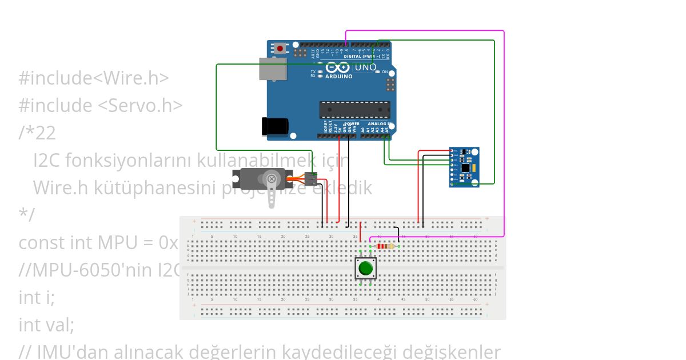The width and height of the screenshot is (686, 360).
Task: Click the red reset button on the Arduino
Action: click(x=280, y=49)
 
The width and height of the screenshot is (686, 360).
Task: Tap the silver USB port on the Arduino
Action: click(x=273, y=68)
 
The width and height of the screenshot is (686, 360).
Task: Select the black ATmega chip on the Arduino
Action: click(x=354, y=110)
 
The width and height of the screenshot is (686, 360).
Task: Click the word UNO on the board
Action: click(x=365, y=67)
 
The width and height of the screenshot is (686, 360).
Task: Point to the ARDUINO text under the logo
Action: click(x=339, y=76)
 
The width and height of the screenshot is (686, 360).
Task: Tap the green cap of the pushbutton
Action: click(x=366, y=267)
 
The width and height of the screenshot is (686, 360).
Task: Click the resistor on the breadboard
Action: click(x=386, y=246)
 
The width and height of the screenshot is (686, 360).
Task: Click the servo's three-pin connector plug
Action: click(x=310, y=179)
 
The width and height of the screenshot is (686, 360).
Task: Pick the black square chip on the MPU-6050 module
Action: click(x=466, y=168)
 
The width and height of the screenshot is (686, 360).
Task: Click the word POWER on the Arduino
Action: click(x=352, y=123)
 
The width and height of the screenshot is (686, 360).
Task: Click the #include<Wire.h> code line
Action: click(x=94, y=78)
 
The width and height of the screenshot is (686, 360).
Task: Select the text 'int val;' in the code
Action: click(x=46, y=325)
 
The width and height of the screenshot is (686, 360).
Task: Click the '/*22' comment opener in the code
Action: click(x=37, y=133)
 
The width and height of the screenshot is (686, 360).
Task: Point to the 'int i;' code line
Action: click(x=37, y=298)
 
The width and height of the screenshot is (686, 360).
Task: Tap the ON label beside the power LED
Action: click(x=385, y=72)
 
